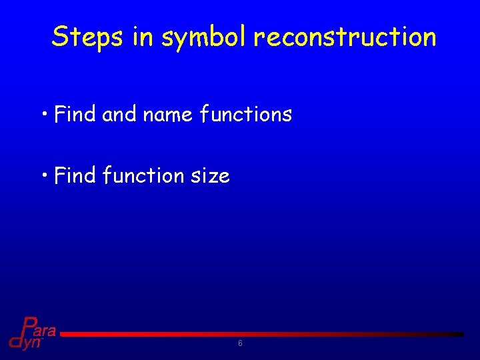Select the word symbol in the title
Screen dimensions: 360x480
coord(204,38)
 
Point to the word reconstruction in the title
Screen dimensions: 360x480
coord(345,37)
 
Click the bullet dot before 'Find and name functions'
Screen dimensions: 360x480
coord(45,112)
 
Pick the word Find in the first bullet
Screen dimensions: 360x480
coord(75,114)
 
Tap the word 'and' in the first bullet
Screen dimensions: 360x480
coord(119,114)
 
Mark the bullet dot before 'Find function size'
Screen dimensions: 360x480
coord(45,173)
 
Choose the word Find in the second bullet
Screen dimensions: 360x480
coord(75,175)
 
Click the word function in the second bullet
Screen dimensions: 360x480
coord(143,175)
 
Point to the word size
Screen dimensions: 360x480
coord(210,176)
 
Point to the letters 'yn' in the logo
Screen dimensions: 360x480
coord(32,343)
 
